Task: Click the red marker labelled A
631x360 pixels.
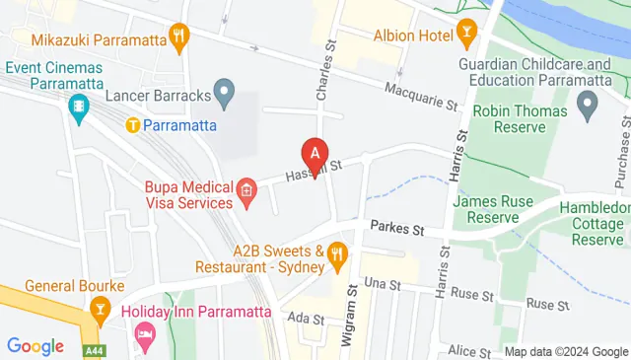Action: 315,154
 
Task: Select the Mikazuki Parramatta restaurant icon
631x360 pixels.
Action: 178,39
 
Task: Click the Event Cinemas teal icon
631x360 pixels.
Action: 78,107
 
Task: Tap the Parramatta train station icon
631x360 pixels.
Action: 132,125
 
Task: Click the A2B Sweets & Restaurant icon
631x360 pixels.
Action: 337,256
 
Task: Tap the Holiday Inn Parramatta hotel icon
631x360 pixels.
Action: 145,334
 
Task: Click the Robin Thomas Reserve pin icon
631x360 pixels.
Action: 589,102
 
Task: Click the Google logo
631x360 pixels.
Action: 35,346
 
